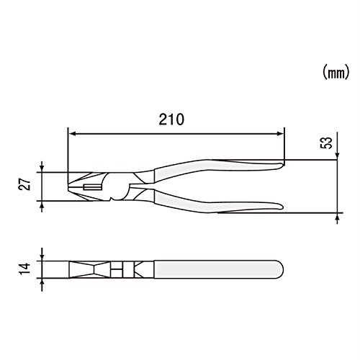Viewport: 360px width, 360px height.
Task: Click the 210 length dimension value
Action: coord(171,120)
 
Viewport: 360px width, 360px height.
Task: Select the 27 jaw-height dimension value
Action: coord(24,184)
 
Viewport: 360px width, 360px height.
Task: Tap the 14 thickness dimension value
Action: coord(24,269)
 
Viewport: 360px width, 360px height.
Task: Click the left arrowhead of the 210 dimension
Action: coord(72,134)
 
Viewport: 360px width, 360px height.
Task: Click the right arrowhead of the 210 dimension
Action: coord(281,134)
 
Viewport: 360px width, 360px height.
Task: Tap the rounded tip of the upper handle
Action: coord(282,166)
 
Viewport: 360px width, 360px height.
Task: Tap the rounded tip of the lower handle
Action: coord(282,207)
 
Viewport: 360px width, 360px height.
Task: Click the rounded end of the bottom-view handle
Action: coord(280,269)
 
